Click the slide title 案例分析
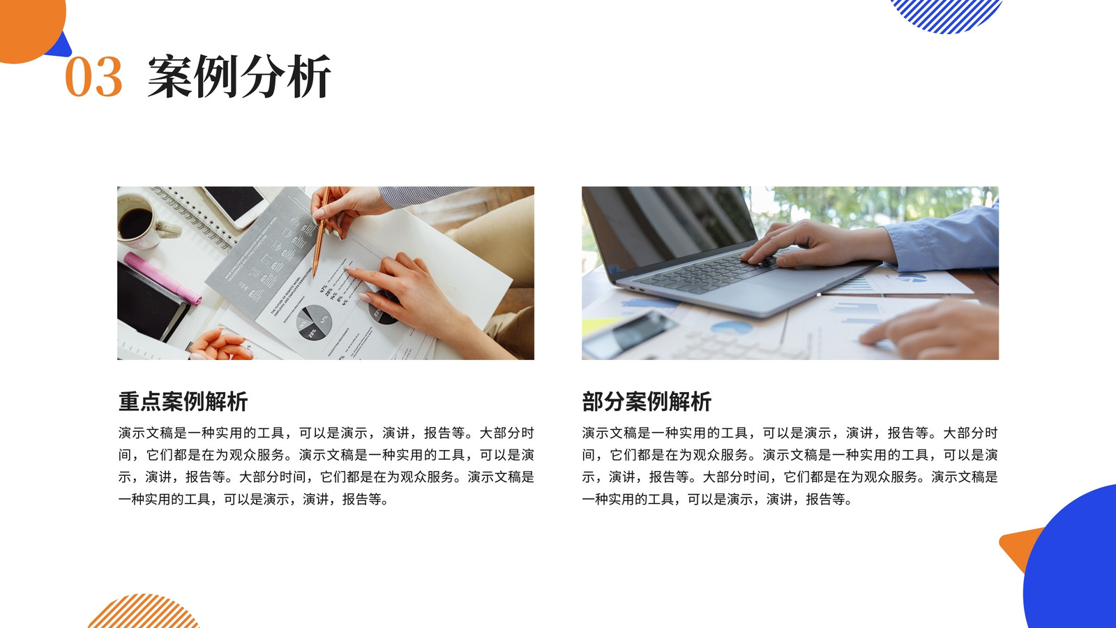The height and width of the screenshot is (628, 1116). pyautogui.click(x=239, y=76)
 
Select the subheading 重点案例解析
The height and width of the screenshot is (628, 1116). pyautogui.click(x=183, y=401)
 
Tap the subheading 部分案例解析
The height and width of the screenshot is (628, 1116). pyautogui.click(x=647, y=401)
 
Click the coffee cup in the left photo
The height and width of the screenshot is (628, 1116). pyautogui.click(x=142, y=222)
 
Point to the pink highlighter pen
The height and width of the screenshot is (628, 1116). pyautogui.click(x=163, y=278)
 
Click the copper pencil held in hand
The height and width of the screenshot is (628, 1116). pyautogui.click(x=320, y=232)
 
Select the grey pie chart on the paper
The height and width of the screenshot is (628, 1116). pyautogui.click(x=313, y=322)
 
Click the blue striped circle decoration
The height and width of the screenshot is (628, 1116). pyautogui.click(x=946, y=15)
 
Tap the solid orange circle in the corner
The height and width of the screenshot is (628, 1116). pyautogui.click(x=30, y=27)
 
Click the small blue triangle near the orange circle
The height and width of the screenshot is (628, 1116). pyautogui.click(x=61, y=47)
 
